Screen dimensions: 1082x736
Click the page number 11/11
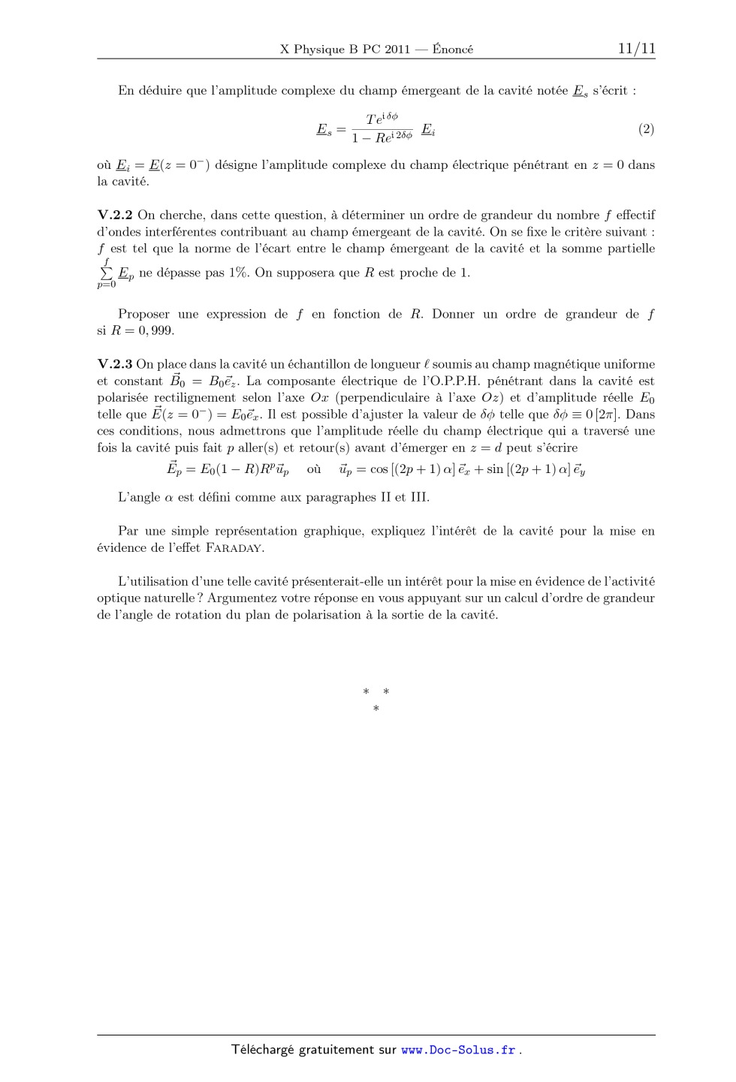click(x=636, y=49)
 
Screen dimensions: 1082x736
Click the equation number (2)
click(x=646, y=129)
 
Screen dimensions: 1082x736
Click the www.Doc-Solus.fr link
click(x=458, y=1050)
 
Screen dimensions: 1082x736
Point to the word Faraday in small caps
click(x=234, y=548)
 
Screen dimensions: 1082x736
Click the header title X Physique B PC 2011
click(x=345, y=50)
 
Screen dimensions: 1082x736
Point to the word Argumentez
click(x=244, y=598)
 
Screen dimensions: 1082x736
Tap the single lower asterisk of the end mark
click(x=376, y=708)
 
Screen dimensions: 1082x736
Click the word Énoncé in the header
click(x=453, y=50)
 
